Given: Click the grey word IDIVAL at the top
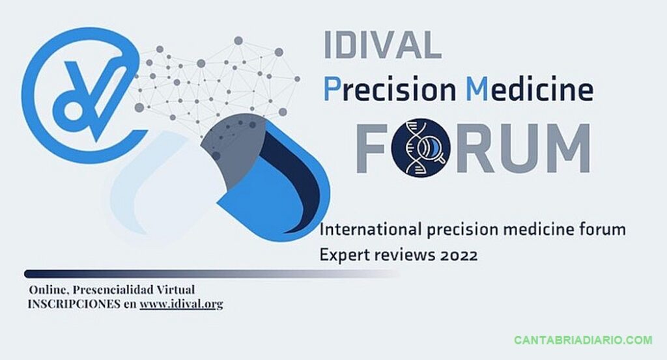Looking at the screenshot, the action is click(x=382, y=45).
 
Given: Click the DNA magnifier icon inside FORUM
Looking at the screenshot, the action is click(x=421, y=148).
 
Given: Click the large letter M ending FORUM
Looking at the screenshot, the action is click(x=563, y=148).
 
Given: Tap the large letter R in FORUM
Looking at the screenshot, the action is click(x=470, y=148).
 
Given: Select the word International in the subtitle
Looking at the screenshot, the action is click(x=370, y=230).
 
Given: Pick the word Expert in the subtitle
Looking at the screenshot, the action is click(x=343, y=255).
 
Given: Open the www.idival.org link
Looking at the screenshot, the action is click(x=181, y=304).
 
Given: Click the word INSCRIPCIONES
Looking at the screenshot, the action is click(x=74, y=304).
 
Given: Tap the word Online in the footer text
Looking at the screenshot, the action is click(x=48, y=290).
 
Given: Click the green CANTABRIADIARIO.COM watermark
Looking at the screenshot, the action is click(x=583, y=340).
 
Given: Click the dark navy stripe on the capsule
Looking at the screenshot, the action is click(x=300, y=178).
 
